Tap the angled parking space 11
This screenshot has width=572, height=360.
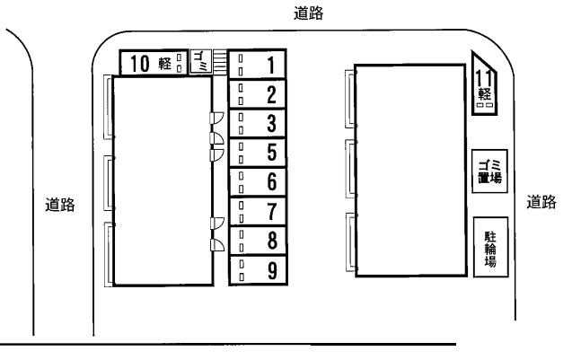click(485, 85)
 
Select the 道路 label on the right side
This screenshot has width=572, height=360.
click(541, 202)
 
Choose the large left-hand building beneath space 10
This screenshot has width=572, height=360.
click(162, 180)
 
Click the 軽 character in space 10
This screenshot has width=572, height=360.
click(165, 62)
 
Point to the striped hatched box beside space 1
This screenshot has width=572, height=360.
click(219, 62)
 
